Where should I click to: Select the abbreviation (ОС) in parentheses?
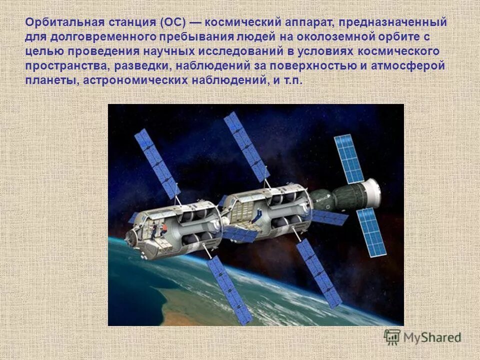[173, 23]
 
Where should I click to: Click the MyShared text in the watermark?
[432, 338]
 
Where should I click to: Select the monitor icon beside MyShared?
[392, 337]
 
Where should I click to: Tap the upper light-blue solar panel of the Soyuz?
[348, 158]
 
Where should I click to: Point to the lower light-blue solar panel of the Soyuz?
[371, 231]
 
